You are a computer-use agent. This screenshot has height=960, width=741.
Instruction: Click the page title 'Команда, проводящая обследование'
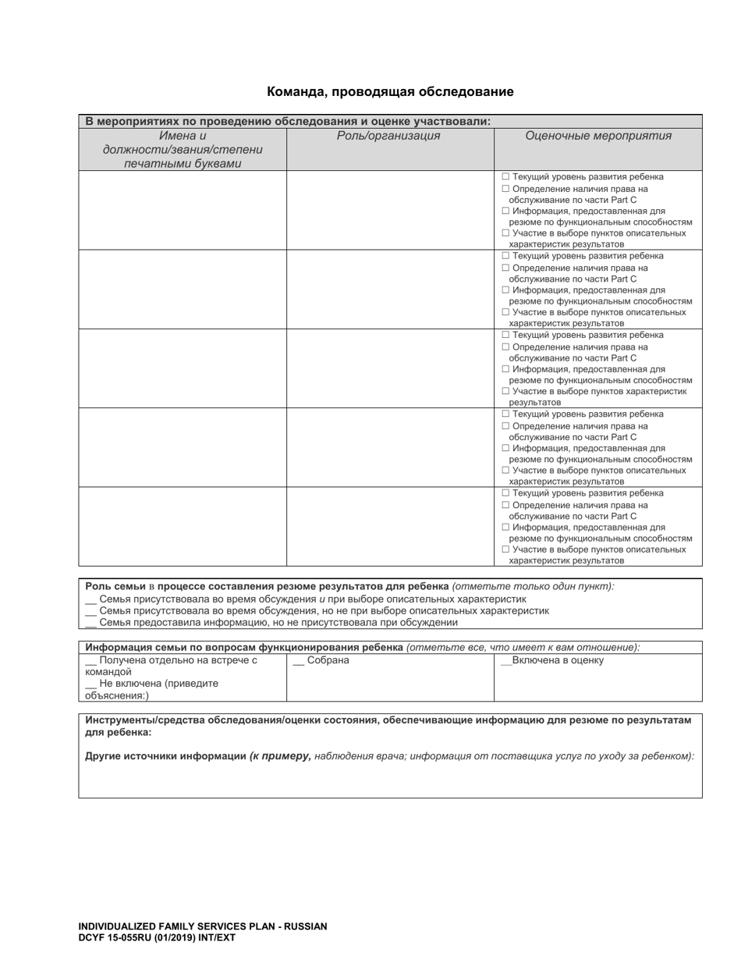tap(390, 92)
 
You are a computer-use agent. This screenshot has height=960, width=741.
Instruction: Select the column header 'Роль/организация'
tap(388, 136)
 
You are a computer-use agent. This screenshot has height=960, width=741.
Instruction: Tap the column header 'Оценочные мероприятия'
tap(598, 136)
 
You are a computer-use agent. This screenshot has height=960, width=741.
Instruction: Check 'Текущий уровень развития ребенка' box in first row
tap(505, 177)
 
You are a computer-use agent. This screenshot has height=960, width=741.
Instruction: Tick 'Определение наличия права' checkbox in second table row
tap(505, 268)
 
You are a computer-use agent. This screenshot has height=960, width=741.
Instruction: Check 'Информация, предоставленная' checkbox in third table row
tap(505, 369)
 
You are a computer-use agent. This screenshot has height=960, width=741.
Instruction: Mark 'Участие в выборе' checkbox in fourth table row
tap(505, 471)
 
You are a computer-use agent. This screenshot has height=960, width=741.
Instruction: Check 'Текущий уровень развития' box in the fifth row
tap(505, 493)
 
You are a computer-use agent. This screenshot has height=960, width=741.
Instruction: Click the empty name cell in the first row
tap(183, 210)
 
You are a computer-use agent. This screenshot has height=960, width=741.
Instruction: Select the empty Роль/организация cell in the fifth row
tap(390, 526)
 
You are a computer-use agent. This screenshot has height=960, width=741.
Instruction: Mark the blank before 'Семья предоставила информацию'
tap(90, 623)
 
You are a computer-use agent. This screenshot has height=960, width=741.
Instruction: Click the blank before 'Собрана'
tap(298, 661)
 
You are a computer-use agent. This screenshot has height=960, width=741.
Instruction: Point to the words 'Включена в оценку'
tap(558, 661)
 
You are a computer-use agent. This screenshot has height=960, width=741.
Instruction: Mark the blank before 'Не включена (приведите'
tap(90, 684)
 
